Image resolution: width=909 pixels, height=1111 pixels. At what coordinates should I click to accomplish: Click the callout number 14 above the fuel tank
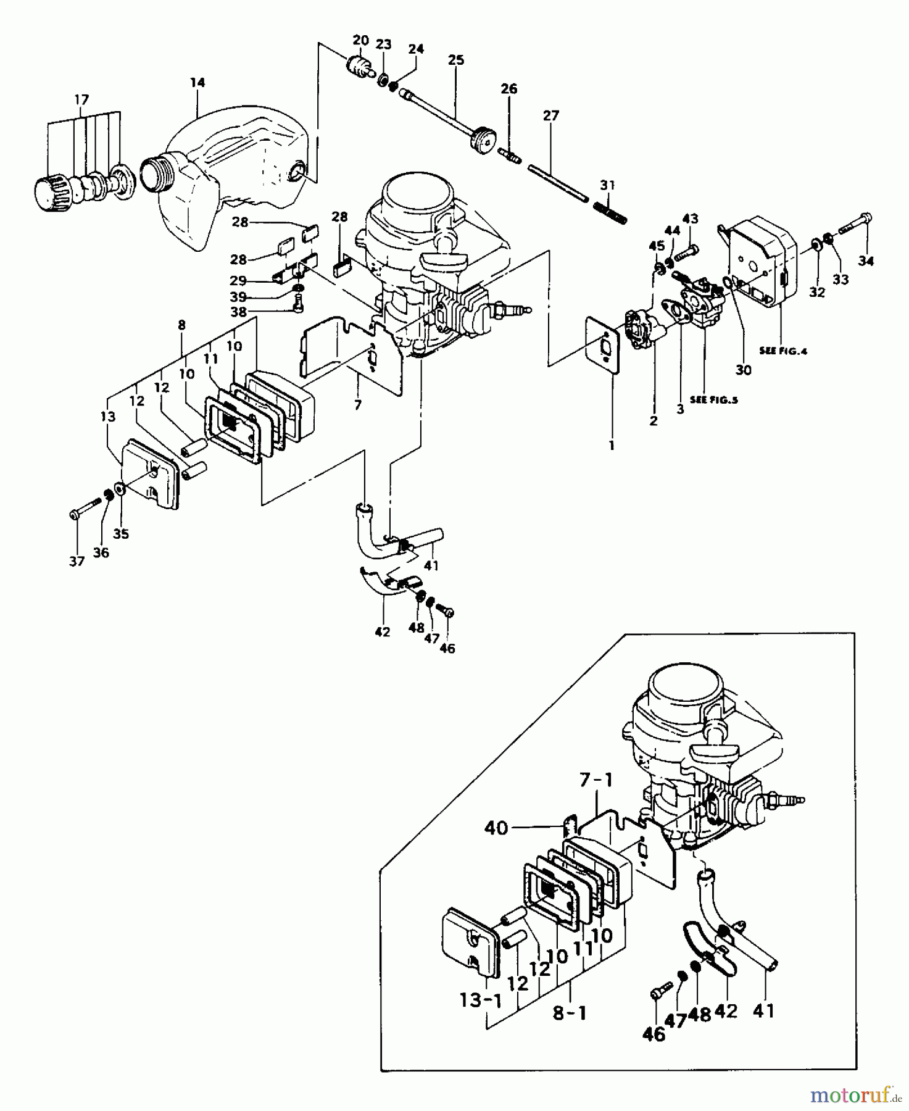point(197,82)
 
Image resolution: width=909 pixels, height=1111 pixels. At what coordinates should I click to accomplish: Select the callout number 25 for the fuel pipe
point(455,60)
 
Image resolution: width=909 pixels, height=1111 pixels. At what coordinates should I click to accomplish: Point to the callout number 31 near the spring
point(607,185)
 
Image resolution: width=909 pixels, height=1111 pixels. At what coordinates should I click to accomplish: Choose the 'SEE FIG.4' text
point(783,351)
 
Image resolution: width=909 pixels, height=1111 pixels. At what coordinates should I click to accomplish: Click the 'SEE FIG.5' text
point(713,399)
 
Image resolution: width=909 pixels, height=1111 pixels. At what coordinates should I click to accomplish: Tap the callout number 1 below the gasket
point(612,444)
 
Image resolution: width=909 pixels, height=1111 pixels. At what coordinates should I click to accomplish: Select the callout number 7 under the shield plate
point(358,405)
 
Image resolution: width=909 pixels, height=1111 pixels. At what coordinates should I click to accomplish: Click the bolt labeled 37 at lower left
point(85,507)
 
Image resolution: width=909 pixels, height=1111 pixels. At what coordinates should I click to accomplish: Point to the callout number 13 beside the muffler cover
point(108,417)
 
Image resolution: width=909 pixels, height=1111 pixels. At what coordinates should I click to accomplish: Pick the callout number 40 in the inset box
point(496,827)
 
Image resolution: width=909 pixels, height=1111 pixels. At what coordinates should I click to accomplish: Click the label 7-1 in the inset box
point(596,781)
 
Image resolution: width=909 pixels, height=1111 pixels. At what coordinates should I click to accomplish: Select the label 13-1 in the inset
point(480,1000)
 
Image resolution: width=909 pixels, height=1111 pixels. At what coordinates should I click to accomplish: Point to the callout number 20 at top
point(361,41)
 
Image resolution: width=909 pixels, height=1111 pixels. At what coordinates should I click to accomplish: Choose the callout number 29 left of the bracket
point(239,281)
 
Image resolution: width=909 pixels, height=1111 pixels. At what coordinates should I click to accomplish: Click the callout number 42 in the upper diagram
point(382,632)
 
